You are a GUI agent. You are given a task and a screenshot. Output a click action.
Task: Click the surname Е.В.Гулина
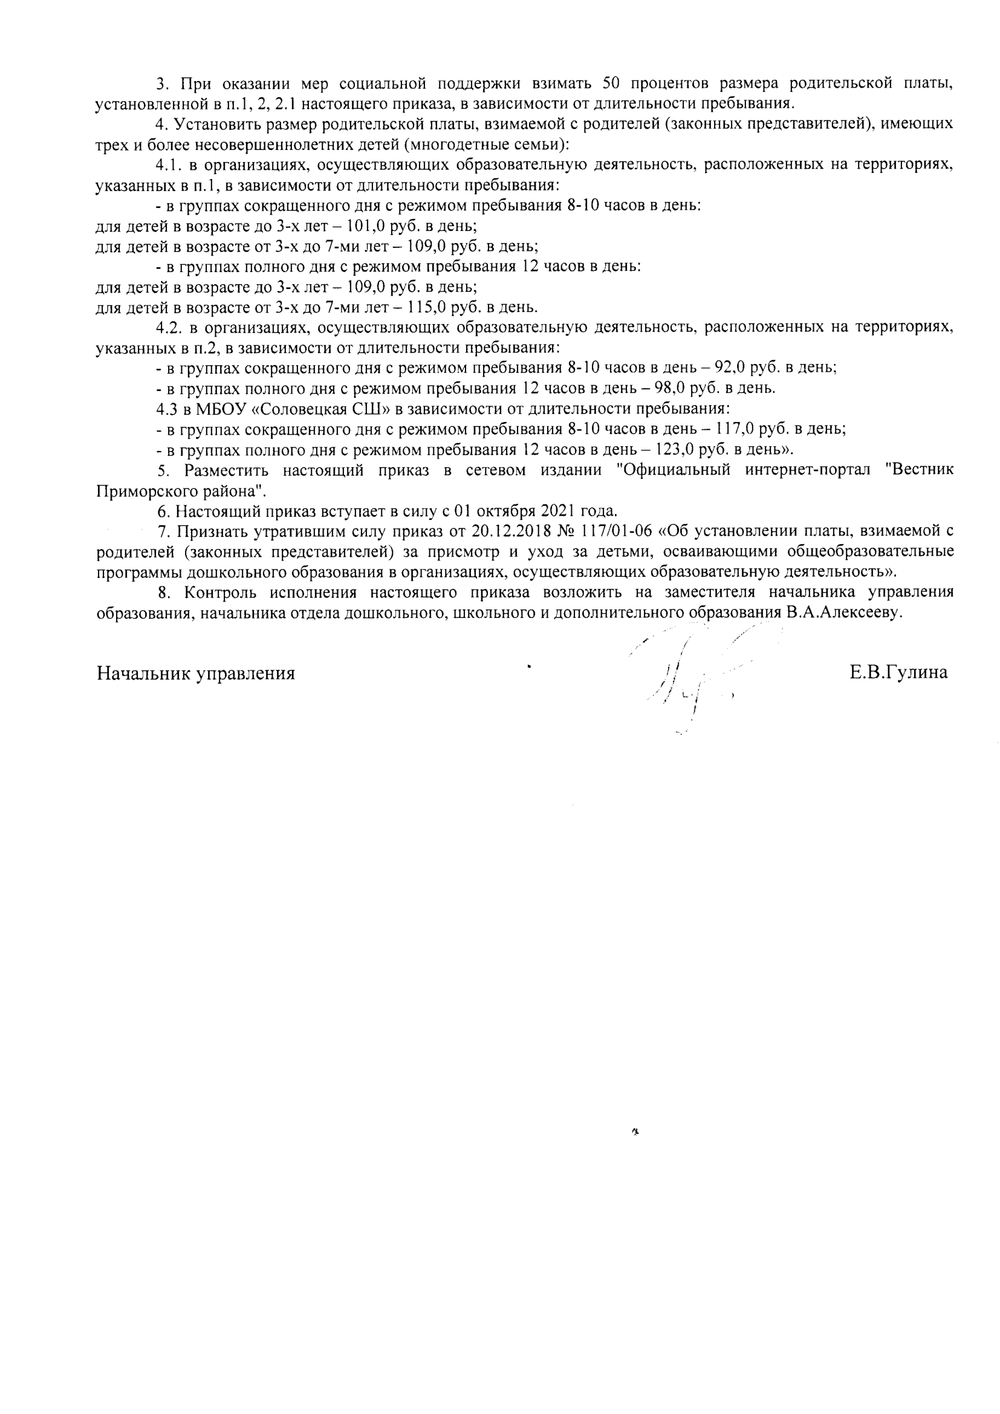(898, 672)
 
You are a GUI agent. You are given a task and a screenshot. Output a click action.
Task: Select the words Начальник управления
(196, 673)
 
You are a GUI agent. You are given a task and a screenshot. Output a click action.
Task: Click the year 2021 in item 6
(559, 511)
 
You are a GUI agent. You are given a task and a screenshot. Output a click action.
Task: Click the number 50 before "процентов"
(613, 83)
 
